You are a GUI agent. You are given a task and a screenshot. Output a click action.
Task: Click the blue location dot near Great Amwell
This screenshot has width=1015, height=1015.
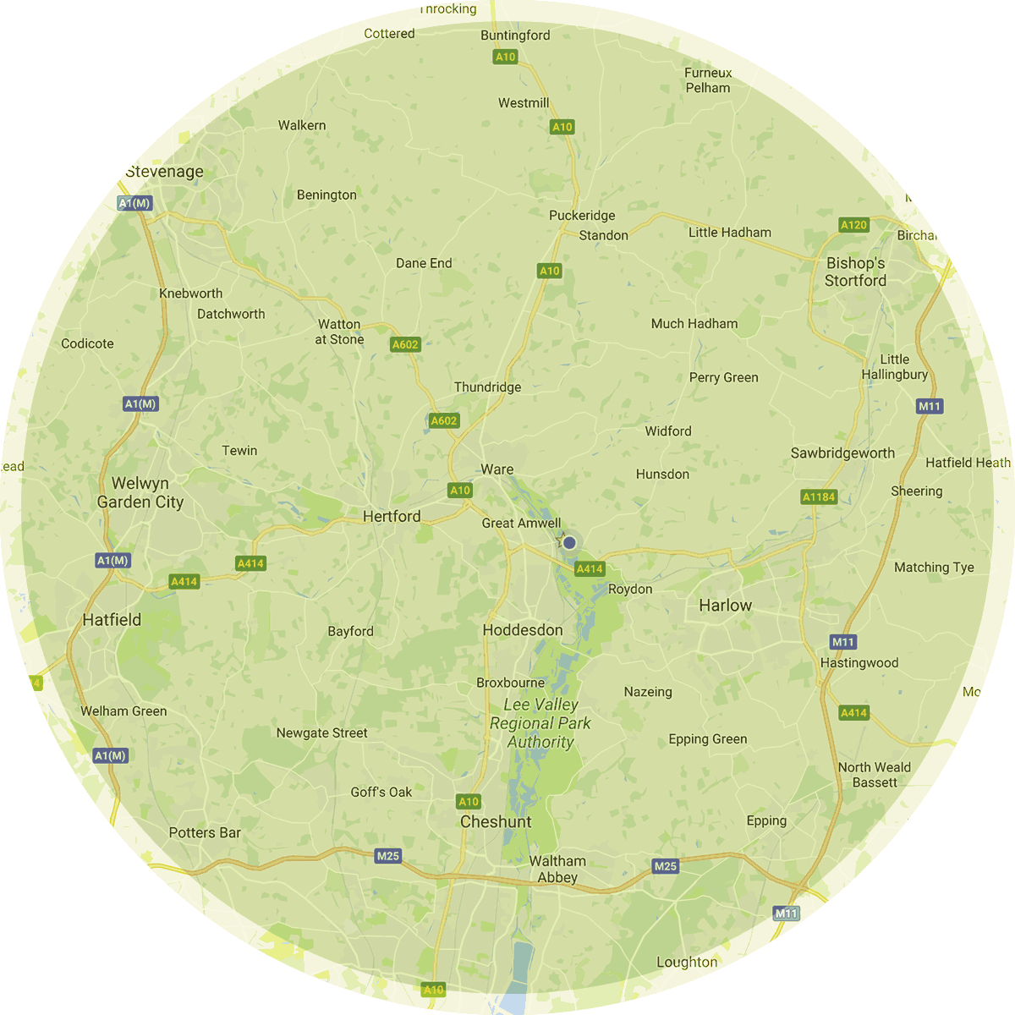pyautogui.click(x=569, y=542)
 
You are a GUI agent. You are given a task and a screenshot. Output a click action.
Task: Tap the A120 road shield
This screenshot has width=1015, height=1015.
pyautogui.click(x=853, y=225)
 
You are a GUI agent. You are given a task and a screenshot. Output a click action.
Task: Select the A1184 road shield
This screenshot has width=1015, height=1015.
pyautogui.click(x=818, y=497)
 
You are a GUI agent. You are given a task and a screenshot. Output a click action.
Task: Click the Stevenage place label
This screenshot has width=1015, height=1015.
pyautogui.click(x=164, y=172)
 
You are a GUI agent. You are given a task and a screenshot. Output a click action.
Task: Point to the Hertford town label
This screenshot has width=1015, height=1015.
pyautogui.click(x=392, y=516)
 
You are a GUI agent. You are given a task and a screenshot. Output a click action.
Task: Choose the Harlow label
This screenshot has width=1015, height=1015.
pyautogui.click(x=725, y=606)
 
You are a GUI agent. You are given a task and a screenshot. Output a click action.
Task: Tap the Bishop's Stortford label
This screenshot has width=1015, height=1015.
pyautogui.click(x=855, y=272)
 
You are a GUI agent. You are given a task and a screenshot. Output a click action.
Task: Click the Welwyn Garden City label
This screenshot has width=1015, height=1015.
pyautogui.click(x=140, y=492)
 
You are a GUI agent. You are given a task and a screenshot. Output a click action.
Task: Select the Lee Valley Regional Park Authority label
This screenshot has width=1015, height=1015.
pyautogui.click(x=540, y=723)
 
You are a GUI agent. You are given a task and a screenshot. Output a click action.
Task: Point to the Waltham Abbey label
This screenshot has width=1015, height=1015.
pyautogui.click(x=557, y=870)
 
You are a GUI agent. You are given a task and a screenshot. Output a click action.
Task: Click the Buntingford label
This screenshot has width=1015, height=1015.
pyautogui.click(x=515, y=36)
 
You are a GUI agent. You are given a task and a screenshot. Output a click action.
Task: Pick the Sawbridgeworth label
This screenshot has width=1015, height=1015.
pyautogui.click(x=842, y=453)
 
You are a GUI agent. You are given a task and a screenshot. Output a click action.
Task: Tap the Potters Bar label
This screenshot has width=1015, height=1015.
pyautogui.click(x=205, y=832)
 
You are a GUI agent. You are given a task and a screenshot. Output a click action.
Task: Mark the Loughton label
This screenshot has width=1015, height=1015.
pyautogui.click(x=687, y=962)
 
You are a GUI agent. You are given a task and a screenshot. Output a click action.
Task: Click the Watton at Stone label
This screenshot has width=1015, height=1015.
pyautogui.click(x=339, y=332)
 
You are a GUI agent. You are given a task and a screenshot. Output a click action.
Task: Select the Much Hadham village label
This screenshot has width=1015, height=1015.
pyautogui.click(x=694, y=323)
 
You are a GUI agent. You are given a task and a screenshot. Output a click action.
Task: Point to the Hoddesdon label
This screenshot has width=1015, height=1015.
pyautogui.click(x=523, y=630)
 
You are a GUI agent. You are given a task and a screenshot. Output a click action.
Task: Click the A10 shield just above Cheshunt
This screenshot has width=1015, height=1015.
pyautogui.click(x=469, y=802)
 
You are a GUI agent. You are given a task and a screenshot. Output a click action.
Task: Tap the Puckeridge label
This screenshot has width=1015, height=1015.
pyautogui.click(x=582, y=216)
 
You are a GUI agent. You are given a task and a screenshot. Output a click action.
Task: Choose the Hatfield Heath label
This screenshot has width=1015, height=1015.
pyautogui.click(x=968, y=463)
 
